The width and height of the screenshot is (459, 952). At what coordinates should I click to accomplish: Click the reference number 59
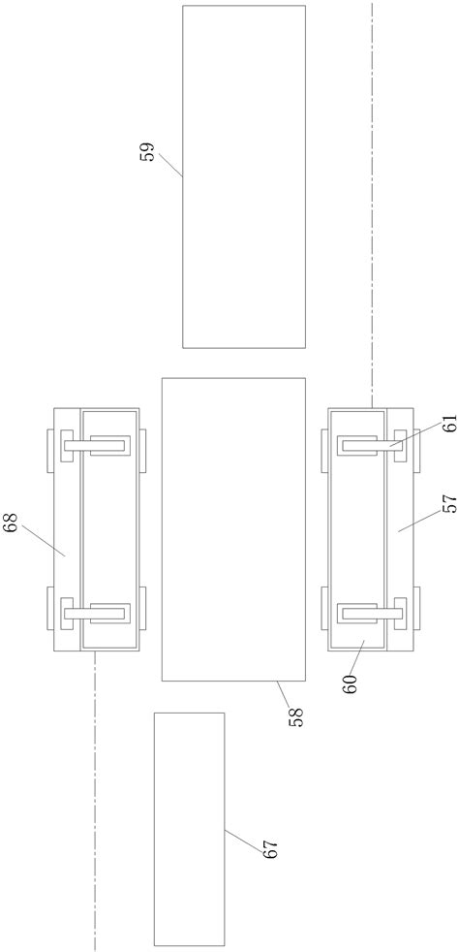[x=149, y=149]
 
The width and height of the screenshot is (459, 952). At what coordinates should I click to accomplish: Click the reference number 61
[x=449, y=421]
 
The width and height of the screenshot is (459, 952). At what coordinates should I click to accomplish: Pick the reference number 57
[x=449, y=503]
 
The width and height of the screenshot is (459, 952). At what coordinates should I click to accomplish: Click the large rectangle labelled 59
[x=244, y=176]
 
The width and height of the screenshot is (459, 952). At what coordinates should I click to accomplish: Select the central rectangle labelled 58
[x=233, y=529]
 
